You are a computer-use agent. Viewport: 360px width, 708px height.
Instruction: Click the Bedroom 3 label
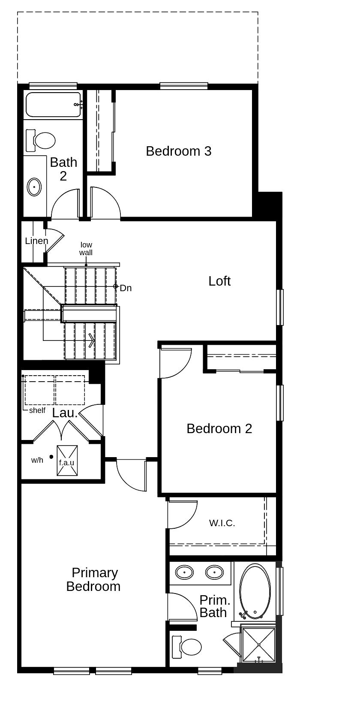coord(178,151)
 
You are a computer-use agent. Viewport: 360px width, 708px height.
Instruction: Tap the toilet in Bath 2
coord(43,140)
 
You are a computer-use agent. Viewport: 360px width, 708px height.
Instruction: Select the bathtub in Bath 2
coord(53,104)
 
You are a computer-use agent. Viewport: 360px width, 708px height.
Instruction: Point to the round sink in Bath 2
coord(34,187)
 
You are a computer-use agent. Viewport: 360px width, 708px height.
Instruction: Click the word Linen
coord(36,241)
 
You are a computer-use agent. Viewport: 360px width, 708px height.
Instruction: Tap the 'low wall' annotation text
coord(86,249)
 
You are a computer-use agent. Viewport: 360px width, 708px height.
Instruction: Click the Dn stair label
coord(126,288)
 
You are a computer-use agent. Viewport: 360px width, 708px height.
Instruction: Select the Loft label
coord(219,281)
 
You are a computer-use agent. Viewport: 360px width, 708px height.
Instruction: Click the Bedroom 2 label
coord(219,428)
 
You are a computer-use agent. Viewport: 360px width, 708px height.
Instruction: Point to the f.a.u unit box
coord(67,461)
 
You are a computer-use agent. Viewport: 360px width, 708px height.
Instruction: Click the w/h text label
coord(37,460)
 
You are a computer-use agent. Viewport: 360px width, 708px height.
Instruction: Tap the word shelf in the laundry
coord(37,410)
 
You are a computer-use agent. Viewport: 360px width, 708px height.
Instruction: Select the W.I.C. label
coord(222,523)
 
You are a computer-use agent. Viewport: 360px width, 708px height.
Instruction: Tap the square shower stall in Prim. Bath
coord(258,645)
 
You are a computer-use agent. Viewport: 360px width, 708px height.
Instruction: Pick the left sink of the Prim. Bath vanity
coord(185,572)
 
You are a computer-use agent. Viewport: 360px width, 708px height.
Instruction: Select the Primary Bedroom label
coord(93,579)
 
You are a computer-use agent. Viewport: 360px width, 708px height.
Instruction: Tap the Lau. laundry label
coord(65,413)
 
